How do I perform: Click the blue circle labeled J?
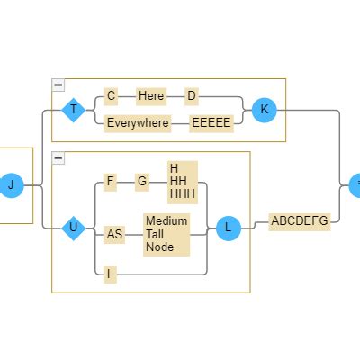pyautogui.click(x=11, y=185)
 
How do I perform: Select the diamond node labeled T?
pyautogui.click(x=74, y=110)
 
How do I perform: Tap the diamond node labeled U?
pyautogui.click(x=74, y=229)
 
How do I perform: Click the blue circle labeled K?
pyautogui.click(x=264, y=110)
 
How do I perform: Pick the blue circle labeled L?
pyautogui.click(x=229, y=229)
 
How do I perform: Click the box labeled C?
pyautogui.click(x=111, y=96)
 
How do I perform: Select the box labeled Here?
pyautogui.click(x=151, y=96)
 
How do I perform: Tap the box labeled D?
pyautogui.click(x=192, y=96)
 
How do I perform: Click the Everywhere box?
pyautogui.click(x=138, y=123)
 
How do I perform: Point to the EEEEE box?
pyautogui.click(x=211, y=123)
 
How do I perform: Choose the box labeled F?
pyautogui.click(x=111, y=182)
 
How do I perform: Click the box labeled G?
pyautogui.click(x=142, y=182)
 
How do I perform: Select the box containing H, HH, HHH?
pyautogui.click(x=183, y=183)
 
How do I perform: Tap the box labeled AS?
pyautogui.click(x=114, y=235)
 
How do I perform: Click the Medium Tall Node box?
pyautogui.click(x=166, y=235)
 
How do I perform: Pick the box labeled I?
pyautogui.click(x=109, y=274)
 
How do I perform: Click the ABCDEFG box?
pyautogui.click(x=300, y=222)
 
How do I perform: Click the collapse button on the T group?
pyautogui.click(x=58, y=85)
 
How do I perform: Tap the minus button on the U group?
pyautogui.click(x=58, y=158)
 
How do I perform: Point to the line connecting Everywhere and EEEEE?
pyautogui.click(x=180, y=123)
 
